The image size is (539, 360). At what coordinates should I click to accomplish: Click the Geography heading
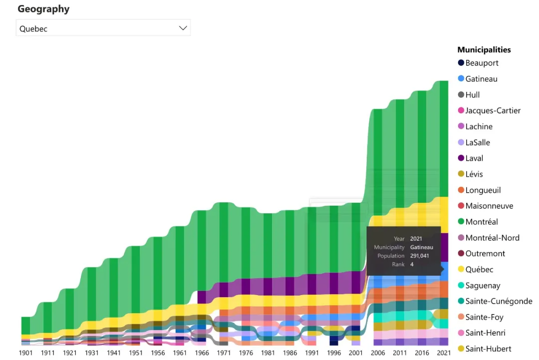[43, 9]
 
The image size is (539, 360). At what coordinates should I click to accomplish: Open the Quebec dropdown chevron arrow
[183, 28]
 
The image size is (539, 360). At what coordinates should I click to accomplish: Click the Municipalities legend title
[484, 49]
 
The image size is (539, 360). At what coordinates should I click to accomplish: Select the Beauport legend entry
[482, 63]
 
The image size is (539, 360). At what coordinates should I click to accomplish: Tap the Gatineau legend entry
[481, 79]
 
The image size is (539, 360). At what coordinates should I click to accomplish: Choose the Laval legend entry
[474, 158]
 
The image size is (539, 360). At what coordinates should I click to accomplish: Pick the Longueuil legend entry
[483, 190]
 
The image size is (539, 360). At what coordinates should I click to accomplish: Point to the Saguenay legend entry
[483, 286]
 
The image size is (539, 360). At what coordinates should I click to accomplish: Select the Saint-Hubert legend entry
[488, 349]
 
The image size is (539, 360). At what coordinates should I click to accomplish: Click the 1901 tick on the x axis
[25, 353]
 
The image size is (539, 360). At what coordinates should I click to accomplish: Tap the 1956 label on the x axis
[158, 353]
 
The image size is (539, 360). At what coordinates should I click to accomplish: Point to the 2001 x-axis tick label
[356, 353]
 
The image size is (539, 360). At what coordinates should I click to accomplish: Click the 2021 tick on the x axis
[444, 353]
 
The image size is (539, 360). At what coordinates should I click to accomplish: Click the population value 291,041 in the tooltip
[419, 256]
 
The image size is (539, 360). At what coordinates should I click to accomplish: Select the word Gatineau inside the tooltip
[421, 247]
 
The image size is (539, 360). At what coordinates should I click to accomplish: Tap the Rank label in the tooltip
[398, 264]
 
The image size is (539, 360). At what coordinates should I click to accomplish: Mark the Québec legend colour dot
[461, 270]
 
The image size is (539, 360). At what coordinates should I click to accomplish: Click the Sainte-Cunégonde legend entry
[499, 301]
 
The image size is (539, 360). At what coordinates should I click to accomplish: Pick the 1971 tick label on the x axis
[224, 353]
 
